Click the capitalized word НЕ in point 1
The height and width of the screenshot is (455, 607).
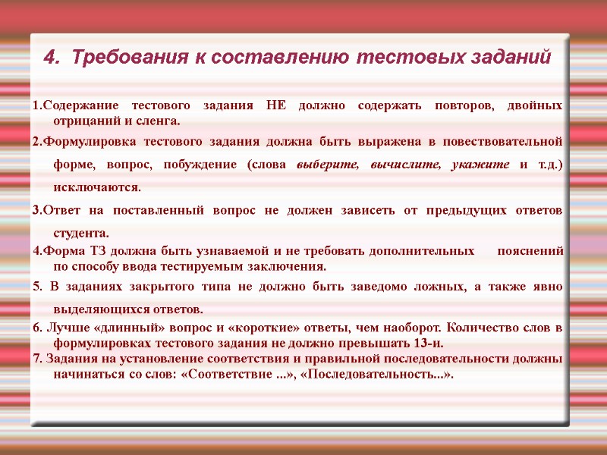coord(277,105)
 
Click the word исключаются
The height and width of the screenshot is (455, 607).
coord(97,187)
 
